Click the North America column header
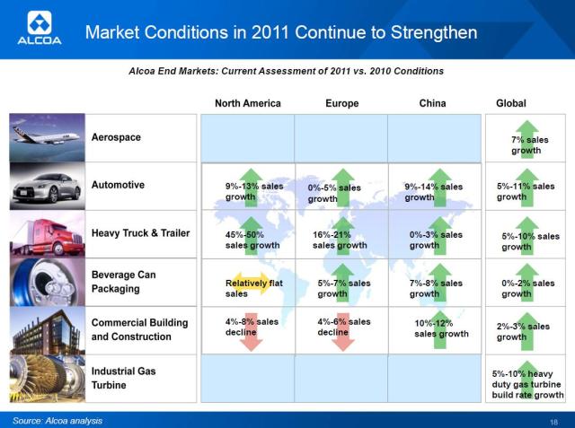[x=247, y=103]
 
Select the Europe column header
[x=341, y=103]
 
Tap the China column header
[x=432, y=103]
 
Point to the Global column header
[x=510, y=103]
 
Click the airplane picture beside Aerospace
[x=47, y=137]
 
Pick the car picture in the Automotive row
[x=47, y=186]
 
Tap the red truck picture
[x=47, y=234]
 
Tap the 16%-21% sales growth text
[x=340, y=240]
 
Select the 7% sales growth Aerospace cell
[x=528, y=144]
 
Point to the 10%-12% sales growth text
[x=441, y=328]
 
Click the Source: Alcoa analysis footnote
[x=57, y=420]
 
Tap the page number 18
[x=553, y=421]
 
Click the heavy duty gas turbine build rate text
[x=527, y=383]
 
